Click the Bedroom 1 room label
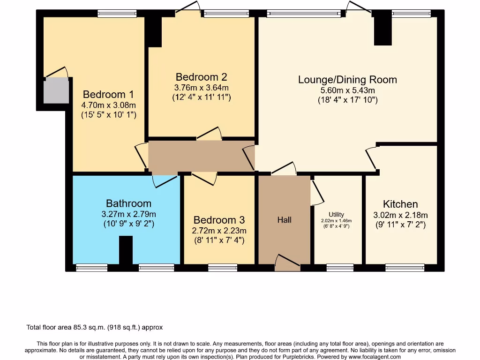point(108,94)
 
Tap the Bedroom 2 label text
point(202,77)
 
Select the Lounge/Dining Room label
point(347,80)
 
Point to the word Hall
point(285,220)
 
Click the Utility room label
point(336,215)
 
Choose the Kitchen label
point(400,204)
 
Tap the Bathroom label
point(128,203)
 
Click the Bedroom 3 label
point(219,220)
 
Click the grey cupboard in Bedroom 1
point(56,90)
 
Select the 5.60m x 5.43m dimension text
point(347,90)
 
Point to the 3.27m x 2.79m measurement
point(128,214)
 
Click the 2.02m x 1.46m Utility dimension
point(336,221)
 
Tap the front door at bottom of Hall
point(287,262)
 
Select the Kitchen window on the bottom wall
point(405,268)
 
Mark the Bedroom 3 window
point(223,268)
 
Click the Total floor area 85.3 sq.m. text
point(94,327)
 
